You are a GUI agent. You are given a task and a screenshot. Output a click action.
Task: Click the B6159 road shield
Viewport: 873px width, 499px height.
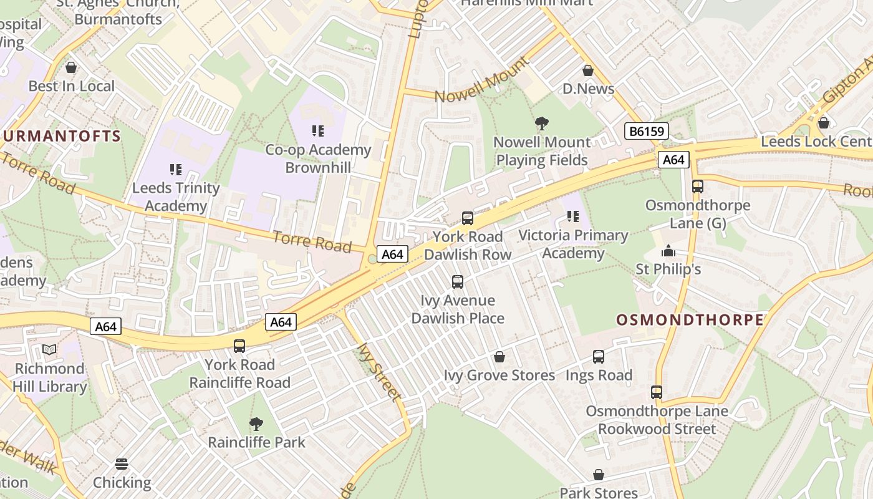(646, 131)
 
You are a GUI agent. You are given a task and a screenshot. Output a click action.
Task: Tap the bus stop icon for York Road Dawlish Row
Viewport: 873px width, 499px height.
(468, 218)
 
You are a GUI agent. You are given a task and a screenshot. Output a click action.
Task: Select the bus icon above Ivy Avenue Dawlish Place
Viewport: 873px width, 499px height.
(458, 282)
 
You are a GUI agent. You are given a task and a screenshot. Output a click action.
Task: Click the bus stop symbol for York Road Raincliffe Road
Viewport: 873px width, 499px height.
(239, 346)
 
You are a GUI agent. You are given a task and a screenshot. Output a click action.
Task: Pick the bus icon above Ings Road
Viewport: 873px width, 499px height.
(599, 357)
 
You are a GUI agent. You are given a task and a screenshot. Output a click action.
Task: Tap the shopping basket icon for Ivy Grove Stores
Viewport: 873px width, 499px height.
(499, 357)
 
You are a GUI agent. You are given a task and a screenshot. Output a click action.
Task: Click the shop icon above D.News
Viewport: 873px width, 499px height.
(587, 70)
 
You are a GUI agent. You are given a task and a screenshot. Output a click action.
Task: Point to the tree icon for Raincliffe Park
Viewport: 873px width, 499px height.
(256, 424)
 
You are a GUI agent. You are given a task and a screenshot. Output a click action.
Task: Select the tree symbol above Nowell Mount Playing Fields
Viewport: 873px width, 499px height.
(542, 124)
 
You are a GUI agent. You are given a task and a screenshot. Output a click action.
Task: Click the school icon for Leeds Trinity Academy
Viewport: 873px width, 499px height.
(176, 169)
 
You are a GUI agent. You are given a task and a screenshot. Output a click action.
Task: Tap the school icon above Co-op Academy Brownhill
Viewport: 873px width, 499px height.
(318, 131)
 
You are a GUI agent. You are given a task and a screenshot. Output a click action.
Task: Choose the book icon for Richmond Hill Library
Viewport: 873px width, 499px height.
(49, 350)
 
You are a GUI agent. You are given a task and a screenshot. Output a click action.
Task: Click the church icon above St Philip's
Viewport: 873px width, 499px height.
(668, 251)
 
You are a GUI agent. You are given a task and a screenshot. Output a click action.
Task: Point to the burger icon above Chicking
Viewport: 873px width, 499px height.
(122, 464)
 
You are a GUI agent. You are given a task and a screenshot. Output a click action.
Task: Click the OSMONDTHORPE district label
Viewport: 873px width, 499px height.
(690, 320)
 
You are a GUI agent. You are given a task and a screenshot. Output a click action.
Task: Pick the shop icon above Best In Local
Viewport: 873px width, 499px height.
(71, 67)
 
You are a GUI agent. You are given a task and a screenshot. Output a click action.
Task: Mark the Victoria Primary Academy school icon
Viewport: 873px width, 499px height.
(572, 216)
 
